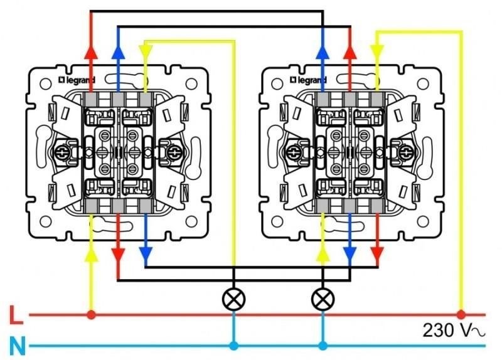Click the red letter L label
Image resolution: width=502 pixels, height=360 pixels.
[16, 315]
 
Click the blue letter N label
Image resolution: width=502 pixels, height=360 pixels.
[18, 346]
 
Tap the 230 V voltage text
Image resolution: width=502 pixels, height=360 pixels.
[453, 331]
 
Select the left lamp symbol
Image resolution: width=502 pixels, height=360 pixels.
[233, 299]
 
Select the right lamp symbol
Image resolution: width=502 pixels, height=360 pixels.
[323, 299]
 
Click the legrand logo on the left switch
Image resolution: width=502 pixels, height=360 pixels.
[77, 80]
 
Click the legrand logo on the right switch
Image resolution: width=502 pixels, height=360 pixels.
[308, 80]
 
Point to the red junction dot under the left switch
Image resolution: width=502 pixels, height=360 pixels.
[91, 315]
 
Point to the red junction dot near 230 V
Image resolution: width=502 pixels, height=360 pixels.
[461, 315]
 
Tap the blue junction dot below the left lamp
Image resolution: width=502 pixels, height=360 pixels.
[233, 346]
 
